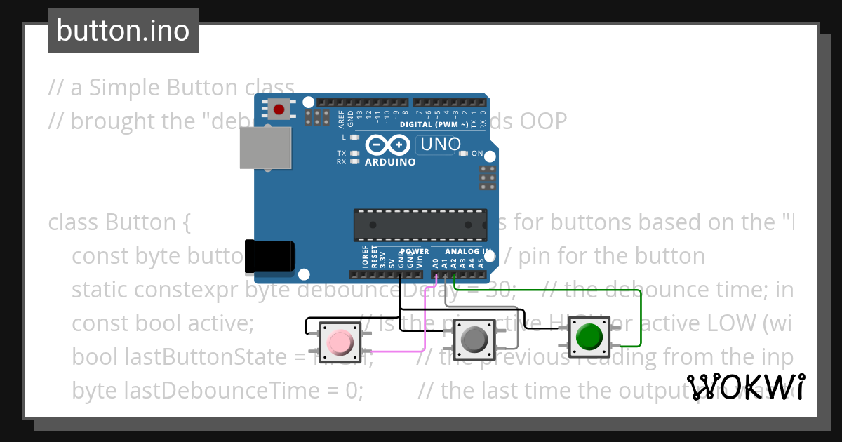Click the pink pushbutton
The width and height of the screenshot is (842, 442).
click(x=340, y=342)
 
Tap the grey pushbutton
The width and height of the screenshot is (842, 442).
click(x=473, y=340)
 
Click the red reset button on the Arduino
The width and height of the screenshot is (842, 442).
click(x=279, y=109)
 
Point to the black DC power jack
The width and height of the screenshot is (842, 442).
click(x=270, y=256)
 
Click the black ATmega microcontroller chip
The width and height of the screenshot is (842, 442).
click(x=419, y=225)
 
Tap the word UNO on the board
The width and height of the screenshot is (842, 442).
click(x=439, y=145)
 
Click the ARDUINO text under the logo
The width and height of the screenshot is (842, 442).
click(x=390, y=162)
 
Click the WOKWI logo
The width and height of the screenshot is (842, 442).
click(x=745, y=387)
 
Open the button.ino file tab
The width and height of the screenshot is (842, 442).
click(x=123, y=31)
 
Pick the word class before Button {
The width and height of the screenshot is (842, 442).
click(x=73, y=222)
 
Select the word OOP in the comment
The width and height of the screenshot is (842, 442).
click(x=542, y=121)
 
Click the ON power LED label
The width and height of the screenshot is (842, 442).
click(x=477, y=154)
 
